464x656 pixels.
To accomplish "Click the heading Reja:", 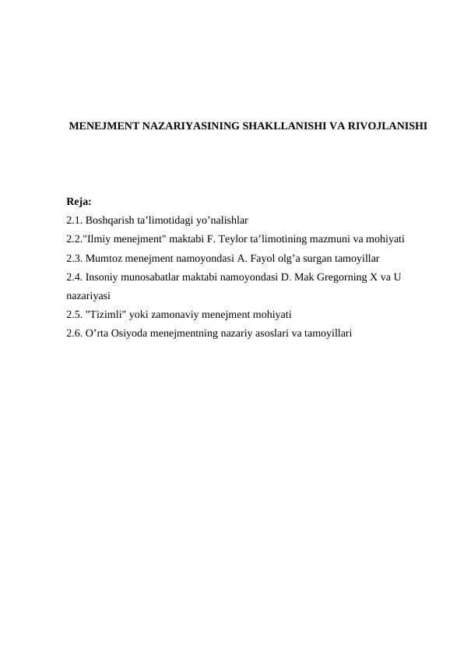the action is pos(79,202).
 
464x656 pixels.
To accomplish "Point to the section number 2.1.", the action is pos(75,220).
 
